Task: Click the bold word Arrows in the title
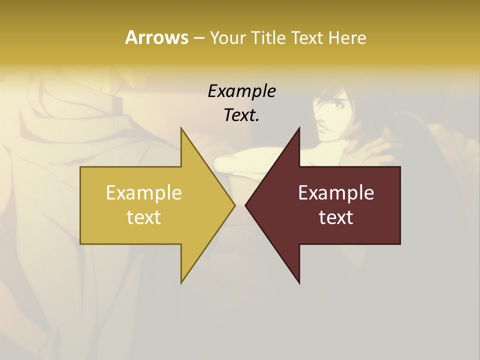156,37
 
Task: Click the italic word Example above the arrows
241,91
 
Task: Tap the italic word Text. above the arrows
241,115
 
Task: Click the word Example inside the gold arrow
144,192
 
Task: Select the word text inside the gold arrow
144,217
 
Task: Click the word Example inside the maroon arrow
336,192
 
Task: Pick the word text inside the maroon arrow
336,217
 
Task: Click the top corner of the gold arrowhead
181,128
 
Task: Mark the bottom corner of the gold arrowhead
181,282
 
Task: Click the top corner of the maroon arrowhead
299,128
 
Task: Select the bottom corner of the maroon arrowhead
299,283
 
